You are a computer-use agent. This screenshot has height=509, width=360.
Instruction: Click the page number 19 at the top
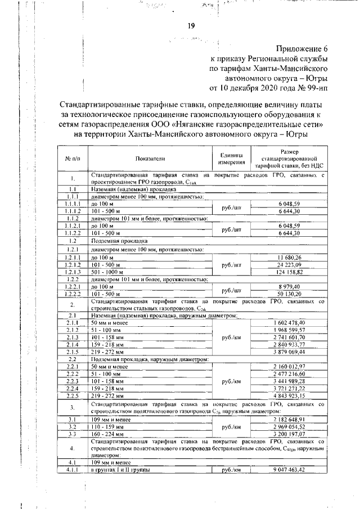click(x=191, y=25)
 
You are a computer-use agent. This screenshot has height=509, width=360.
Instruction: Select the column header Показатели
click(x=150, y=159)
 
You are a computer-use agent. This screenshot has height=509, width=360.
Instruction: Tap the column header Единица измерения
click(x=232, y=159)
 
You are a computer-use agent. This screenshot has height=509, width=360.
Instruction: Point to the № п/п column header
click(x=73, y=159)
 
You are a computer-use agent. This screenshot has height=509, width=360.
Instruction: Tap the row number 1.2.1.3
click(x=73, y=271)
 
